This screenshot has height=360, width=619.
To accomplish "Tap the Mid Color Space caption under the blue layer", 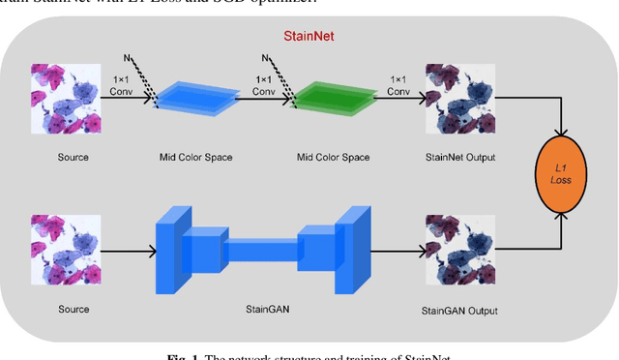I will click(x=196, y=157).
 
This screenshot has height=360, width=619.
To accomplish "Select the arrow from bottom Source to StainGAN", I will click(x=131, y=255).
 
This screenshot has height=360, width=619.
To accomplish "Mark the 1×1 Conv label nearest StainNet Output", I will click(x=398, y=84).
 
